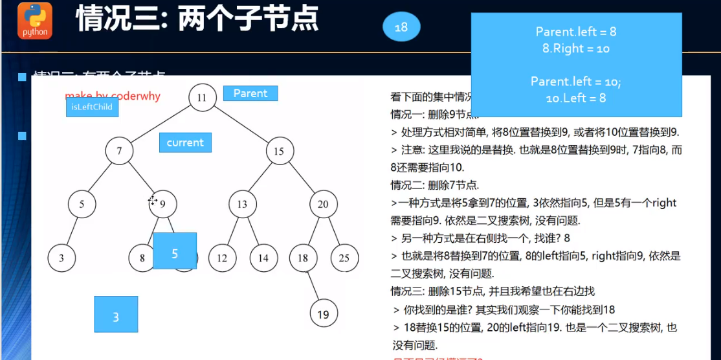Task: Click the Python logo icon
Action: pyautogui.click(x=34, y=21)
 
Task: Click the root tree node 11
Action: pyautogui.click(x=202, y=98)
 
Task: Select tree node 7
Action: pyautogui.click(x=119, y=152)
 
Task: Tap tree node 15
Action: pyautogui.click(x=279, y=152)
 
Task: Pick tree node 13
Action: pyautogui.click(x=242, y=205)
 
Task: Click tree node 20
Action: pyautogui.click(x=323, y=205)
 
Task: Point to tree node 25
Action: pyautogui.click(x=344, y=258)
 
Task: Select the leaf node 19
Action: pyautogui.click(x=323, y=315)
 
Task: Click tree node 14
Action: pyautogui.click(x=263, y=258)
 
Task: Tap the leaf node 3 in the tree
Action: pyautogui.click(x=61, y=258)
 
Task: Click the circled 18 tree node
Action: pyautogui.click(x=302, y=258)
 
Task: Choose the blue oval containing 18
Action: pyautogui.click(x=401, y=27)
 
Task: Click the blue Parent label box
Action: pyautogui.click(x=250, y=93)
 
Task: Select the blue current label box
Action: pyautogui.click(x=185, y=142)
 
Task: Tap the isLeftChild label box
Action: pyautogui.click(x=92, y=107)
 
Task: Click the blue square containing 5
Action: pyautogui.click(x=175, y=251)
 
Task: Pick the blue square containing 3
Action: pyautogui.click(x=116, y=314)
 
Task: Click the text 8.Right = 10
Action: pyautogui.click(x=576, y=49)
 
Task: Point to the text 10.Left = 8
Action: pyautogui.click(x=576, y=98)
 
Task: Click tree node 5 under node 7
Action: pyautogui.click(x=82, y=205)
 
